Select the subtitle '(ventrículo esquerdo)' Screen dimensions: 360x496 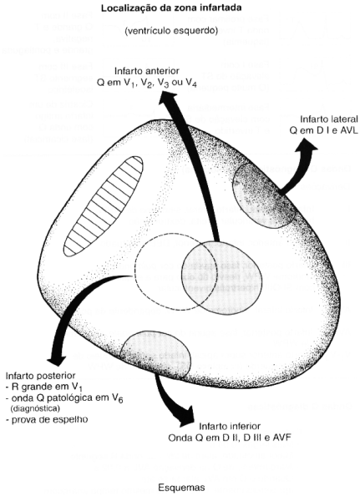171,31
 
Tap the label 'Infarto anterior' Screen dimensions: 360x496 147,71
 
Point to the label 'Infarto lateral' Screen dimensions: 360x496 329,119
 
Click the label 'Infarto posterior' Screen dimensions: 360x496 40,376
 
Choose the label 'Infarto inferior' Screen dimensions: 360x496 230,426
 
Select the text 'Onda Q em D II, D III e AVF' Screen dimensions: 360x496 230,438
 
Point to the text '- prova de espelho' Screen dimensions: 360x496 47,420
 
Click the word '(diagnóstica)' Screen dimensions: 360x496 35,408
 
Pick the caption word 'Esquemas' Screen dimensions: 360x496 181,488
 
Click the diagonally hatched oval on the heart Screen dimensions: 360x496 103,205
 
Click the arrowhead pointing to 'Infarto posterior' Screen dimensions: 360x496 56,361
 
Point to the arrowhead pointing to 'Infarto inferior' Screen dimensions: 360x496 186,416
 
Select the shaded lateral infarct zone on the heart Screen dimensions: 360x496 264,195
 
